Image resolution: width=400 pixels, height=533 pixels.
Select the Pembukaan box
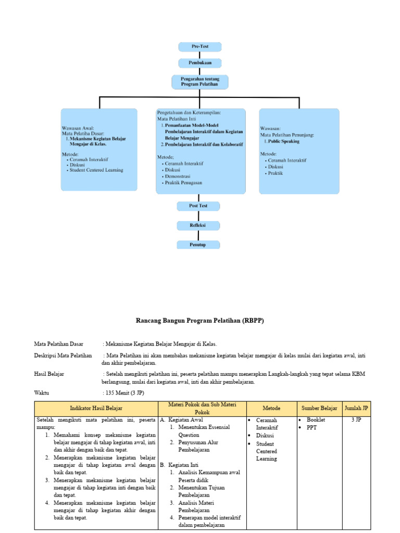pos(200,63)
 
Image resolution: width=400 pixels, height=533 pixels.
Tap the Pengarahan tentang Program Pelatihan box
pos(200,82)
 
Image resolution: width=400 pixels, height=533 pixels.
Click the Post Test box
pos(198,206)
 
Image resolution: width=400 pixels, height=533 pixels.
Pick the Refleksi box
pos(198,225)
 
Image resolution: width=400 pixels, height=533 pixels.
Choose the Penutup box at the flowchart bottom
pos(198,244)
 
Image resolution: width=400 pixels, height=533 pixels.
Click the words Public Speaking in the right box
pos(284,141)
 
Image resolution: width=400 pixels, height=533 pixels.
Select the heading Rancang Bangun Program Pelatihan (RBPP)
pos(200,321)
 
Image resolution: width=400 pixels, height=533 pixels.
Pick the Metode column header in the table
pos(271,409)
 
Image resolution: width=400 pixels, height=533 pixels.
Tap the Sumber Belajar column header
pos(319,409)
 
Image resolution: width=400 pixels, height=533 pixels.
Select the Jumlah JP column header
pos(356,409)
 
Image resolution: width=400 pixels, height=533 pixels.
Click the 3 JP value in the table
pos(356,420)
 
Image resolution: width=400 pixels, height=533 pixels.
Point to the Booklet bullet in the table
pos(316,420)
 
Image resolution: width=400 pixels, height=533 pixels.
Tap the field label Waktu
pos(42,393)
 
